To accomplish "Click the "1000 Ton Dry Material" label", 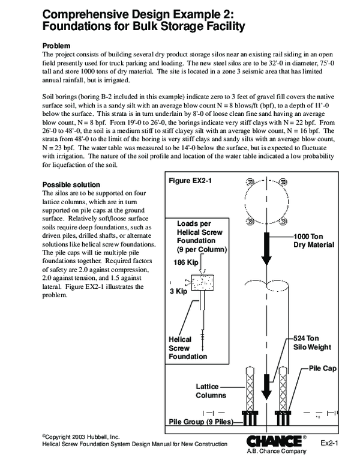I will [x=313, y=240].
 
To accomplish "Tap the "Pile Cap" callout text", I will [x=323, y=366].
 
